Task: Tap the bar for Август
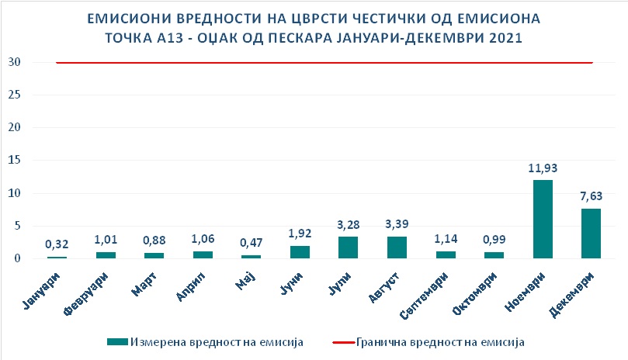coord(397,247)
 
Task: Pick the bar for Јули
coord(348,247)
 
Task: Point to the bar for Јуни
coord(300,251)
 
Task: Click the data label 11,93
coord(543,168)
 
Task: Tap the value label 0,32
coord(57,244)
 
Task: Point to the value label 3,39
coord(397,223)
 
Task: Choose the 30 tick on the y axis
coord(13,62)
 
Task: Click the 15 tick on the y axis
coord(13,160)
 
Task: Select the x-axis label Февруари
coord(92,289)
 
